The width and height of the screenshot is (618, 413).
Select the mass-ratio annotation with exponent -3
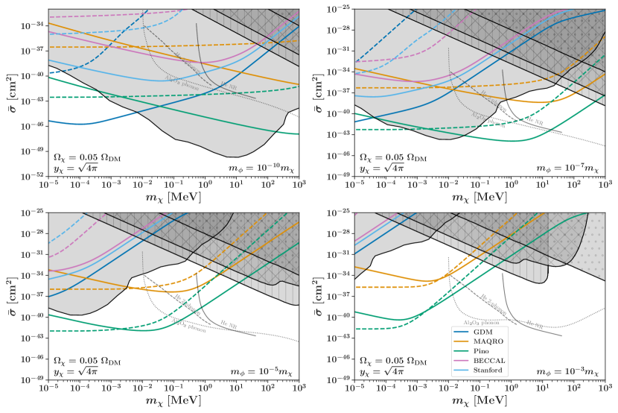tap(564, 369)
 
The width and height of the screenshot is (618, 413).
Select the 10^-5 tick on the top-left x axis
tap(49, 183)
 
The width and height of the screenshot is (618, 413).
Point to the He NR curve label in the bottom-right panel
tap(535, 324)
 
